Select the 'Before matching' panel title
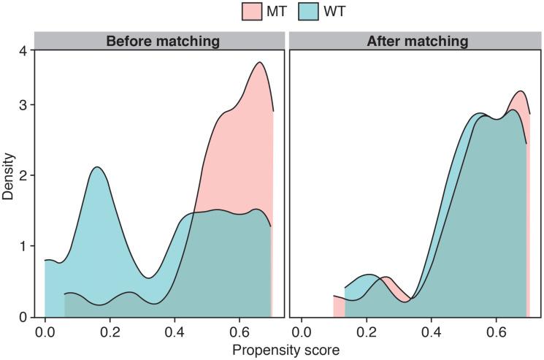pyautogui.click(x=162, y=42)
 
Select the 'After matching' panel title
pyautogui.click(x=416, y=42)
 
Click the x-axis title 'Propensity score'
pyautogui.click(x=286, y=350)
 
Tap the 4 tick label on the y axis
pyautogui.click(x=23, y=52)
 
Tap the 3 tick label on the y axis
pyautogui.click(x=23, y=105)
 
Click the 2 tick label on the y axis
pyautogui.click(x=23, y=176)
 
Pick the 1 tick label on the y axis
pyautogui.click(x=23, y=247)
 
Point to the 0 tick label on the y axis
pyautogui.click(x=23, y=318)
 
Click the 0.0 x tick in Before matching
pyautogui.click(x=45, y=330)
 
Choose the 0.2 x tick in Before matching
pyautogui.click(x=110, y=330)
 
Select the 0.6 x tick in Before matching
pyautogui.click(x=240, y=330)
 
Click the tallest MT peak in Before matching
pyautogui.click(x=259, y=63)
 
